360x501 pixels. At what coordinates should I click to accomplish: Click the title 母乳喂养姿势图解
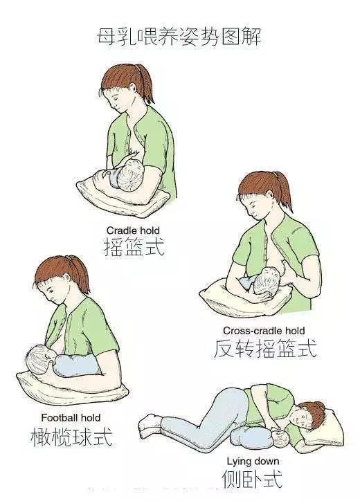(x=179, y=37)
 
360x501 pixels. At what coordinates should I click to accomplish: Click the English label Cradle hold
(x=133, y=230)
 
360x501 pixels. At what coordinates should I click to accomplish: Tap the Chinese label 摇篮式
(x=134, y=246)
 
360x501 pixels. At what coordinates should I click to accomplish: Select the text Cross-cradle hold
(x=264, y=330)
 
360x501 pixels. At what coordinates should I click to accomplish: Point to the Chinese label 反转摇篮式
(x=265, y=348)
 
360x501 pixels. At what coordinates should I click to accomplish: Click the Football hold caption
(x=71, y=417)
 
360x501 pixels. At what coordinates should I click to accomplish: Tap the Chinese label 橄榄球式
(x=71, y=437)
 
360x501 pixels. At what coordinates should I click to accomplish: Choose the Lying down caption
(x=253, y=462)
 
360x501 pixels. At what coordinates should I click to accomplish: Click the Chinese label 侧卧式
(x=252, y=478)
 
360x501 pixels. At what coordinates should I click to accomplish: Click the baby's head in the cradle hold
(x=129, y=179)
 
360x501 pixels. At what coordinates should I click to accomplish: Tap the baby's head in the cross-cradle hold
(x=267, y=283)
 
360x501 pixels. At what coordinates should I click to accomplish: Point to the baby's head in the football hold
(x=39, y=359)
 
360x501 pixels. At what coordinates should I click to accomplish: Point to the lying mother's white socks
(x=150, y=426)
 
